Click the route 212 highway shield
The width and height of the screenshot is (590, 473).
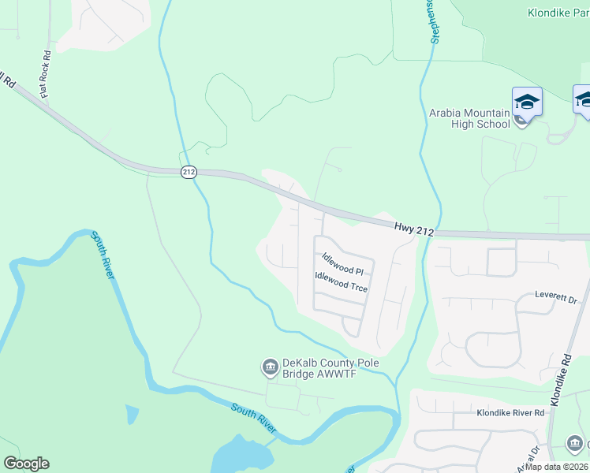click(x=188, y=172)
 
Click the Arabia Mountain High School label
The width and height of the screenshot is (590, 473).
click(x=469, y=118)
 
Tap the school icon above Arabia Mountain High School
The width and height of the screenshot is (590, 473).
click(x=527, y=102)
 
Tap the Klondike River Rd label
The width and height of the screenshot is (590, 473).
click(x=510, y=412)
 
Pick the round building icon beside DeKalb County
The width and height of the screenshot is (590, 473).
click(x=269, y=367)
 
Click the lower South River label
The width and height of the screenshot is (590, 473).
click(x=254, y=419)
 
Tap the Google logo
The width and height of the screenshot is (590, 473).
click(x=26, y=464)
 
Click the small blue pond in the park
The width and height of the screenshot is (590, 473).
click(x=132, y=415)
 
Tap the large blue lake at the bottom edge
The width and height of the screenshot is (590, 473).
click(x=241, y=456)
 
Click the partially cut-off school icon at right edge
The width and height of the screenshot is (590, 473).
click(x=583, y=101)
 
